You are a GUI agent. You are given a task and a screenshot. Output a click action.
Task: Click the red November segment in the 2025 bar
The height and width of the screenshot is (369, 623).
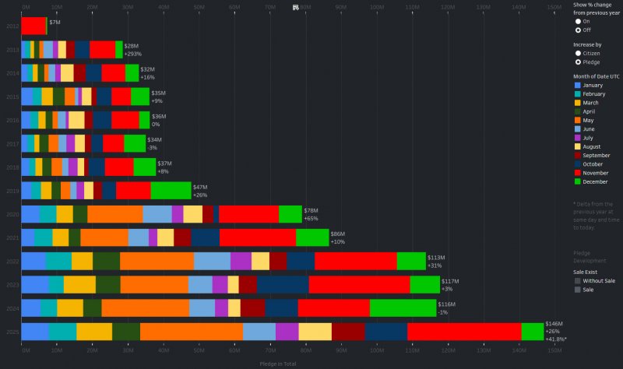click(463, 332)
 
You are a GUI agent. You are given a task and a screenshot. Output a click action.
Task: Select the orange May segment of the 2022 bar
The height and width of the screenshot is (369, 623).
click(157, 261)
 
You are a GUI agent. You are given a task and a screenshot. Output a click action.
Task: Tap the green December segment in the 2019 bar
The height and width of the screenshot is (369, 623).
click(171, 191)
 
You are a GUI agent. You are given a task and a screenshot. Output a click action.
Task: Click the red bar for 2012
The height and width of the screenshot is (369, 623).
click(33, 26)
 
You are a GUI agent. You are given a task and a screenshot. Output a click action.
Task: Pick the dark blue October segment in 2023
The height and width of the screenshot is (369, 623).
click(283, 284)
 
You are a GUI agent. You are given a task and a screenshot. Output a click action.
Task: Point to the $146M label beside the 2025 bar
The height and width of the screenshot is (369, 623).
click(554, 323)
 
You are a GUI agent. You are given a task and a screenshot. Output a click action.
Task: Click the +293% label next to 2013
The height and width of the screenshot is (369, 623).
click(132, 54)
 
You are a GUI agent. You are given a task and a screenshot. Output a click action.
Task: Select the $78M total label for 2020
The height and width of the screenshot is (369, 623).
click(311, 211)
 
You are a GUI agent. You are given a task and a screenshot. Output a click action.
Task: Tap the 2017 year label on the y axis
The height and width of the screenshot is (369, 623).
click(12, 143)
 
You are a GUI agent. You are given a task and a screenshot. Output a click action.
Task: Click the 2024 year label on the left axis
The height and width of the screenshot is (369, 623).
click(12, 308)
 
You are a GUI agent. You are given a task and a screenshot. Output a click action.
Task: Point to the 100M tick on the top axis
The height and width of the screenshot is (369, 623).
click(377, 7)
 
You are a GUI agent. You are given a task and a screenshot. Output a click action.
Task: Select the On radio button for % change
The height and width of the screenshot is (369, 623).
click(578, 22)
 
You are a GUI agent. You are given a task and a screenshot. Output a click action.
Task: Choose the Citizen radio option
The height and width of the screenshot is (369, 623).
click(578, 53)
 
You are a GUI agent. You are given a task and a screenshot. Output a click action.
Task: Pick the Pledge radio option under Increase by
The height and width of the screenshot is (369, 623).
click(578, 61)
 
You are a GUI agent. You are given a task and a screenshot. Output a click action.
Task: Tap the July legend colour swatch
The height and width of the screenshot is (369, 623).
click(577, 138)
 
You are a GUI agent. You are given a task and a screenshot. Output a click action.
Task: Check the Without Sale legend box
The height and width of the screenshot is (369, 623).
click(577, 280)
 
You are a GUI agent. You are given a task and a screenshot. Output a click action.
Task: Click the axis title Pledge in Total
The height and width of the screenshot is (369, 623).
click(277, 363)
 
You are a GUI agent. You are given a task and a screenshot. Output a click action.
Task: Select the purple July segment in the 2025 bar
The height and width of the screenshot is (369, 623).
click(287, 332)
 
